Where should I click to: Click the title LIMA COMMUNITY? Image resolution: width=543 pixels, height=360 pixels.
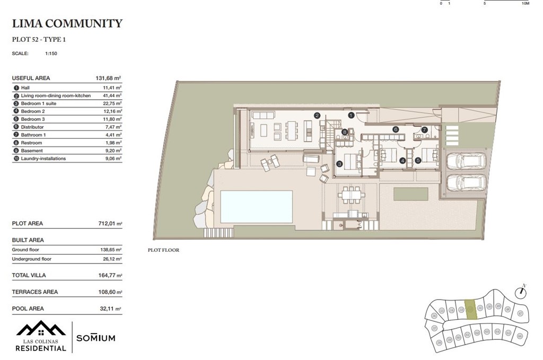(67, 23)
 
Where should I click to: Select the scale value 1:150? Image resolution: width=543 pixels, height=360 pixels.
(51, 54)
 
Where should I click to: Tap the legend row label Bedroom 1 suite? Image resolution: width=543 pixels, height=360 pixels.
(39, 103)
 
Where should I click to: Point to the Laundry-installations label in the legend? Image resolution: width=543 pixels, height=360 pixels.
(43, 159)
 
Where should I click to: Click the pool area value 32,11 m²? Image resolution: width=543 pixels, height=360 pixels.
(110, 309)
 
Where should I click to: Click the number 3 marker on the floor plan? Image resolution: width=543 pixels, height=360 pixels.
(339, 164)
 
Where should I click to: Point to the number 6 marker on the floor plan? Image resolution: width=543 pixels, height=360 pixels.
(396, 129)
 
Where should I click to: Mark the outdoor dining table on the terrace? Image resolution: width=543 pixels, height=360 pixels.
(351, 195)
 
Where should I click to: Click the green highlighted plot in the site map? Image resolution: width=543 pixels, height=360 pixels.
(470, 309)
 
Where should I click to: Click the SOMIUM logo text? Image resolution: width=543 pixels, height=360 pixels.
(95, 338)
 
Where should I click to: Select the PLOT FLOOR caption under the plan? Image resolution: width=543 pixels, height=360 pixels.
(163, 250)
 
